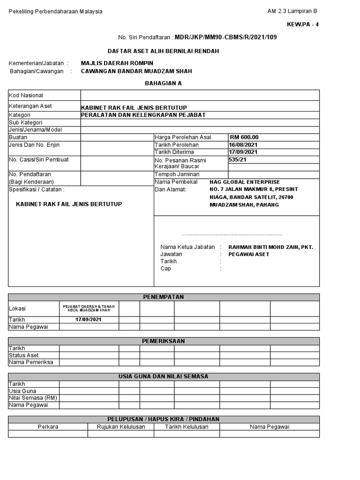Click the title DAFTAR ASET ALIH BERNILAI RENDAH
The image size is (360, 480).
[164, 51]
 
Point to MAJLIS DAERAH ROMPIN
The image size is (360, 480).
[117, 63]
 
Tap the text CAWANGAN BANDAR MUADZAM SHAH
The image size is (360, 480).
[136, 71]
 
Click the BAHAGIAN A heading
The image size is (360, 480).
[163, 83]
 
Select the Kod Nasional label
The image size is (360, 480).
[26, 95]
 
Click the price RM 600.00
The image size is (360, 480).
[244, 137]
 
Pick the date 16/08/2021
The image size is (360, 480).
[243, 145]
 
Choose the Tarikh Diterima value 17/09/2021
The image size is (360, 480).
[243, 152]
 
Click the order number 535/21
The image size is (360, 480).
[237, 159]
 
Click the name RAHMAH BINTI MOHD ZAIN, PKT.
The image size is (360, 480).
[270, 247]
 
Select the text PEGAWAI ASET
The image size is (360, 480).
[249, 254]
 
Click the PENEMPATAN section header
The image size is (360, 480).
[163, 297]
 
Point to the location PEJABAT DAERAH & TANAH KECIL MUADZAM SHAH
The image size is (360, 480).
[89, 308]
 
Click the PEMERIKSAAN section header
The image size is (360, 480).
[163, 341]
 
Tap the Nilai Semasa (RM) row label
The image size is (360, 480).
[33, 398]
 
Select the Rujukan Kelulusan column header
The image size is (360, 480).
[120, 427]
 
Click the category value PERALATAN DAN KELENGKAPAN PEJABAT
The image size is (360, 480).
[143, 115]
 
